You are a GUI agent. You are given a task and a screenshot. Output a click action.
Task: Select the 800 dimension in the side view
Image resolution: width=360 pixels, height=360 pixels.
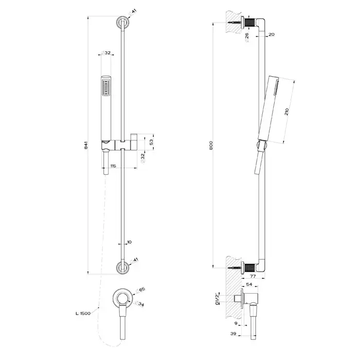click(212, 146)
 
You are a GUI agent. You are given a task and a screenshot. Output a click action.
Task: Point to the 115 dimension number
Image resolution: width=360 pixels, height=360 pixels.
click(113, 165)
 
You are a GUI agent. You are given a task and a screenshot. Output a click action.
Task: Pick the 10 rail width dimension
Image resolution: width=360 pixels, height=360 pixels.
click(130, 241)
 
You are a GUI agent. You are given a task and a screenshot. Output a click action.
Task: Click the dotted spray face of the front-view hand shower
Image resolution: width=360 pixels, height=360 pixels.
click(106, 85)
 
